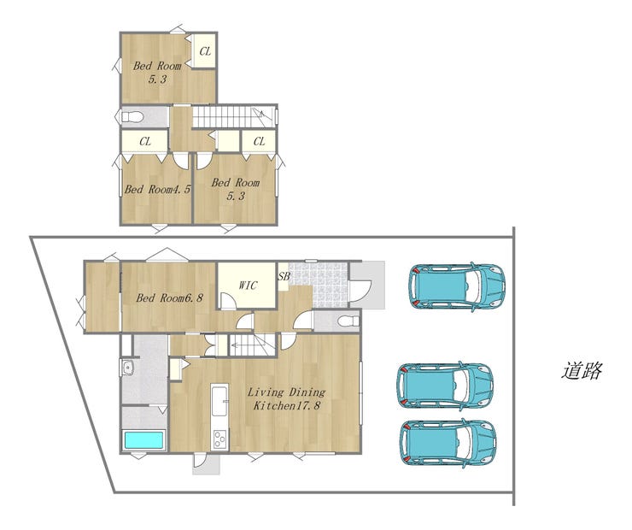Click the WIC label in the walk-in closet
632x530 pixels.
[x=248, y=286]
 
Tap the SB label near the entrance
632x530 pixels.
[x=284, y=277]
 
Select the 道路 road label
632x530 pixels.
[x=582, y=371]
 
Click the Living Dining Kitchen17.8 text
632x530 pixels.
[x=287, y=398]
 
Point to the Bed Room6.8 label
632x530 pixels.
[x=169, y=298]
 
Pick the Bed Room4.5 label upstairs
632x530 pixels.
[x=157, y=189]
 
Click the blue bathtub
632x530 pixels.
[x=143, y=440]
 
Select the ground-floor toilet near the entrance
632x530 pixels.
[x=348, y=321]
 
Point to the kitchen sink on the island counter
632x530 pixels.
[x=219, y=401]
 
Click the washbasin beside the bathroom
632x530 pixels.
[x=128, y=368]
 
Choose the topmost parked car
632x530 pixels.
[x=457, y=286]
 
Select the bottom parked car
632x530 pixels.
[x=448, y=443]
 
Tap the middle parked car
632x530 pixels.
[x=446, y=386]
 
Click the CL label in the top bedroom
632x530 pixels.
[x=205, y=51]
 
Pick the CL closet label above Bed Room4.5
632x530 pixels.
[x=145, y=142]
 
